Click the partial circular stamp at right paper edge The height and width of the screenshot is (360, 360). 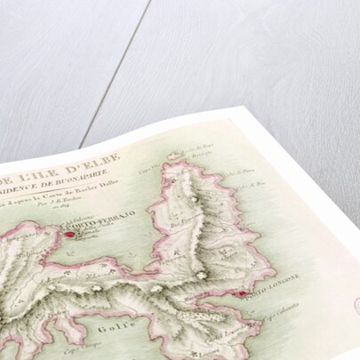point(355,307)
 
